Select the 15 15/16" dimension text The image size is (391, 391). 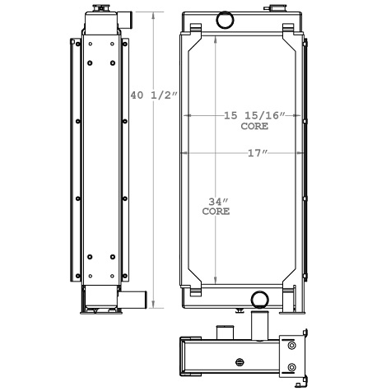click(254, 116)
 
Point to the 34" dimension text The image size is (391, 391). click(216, 201)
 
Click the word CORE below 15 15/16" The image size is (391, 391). click(253, 127)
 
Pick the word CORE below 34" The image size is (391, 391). click(216, 212)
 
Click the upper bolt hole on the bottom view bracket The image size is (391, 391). click(291, 346)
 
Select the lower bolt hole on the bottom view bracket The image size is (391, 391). click(291, 367)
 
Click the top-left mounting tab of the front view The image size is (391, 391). click(195, 30)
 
